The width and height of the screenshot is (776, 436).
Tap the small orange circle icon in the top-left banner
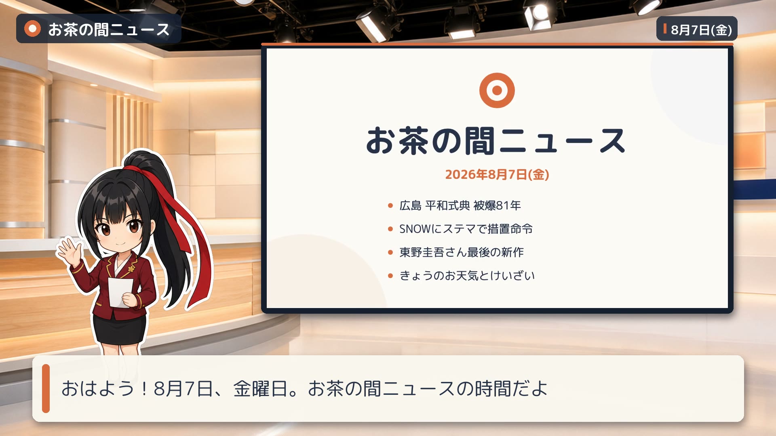point(32,29)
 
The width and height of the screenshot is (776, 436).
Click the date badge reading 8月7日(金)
point(697,29)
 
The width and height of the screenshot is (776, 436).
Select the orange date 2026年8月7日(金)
point(497,174)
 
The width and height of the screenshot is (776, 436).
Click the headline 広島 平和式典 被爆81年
point(460,205)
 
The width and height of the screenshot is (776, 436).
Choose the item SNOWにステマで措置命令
point(466,229)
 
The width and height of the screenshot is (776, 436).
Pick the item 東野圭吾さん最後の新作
point(462,252)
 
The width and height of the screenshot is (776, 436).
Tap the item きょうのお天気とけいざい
point(467,276)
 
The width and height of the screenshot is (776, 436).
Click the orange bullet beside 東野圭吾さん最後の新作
point(390,253)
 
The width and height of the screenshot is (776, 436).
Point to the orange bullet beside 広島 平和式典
point(390,206)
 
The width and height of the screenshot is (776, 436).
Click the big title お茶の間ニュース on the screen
point(496,141)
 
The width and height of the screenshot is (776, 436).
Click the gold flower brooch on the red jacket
point(131,268)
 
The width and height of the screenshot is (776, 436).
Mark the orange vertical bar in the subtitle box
point(46,388)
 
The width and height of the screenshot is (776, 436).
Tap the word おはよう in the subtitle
point(97,388)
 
